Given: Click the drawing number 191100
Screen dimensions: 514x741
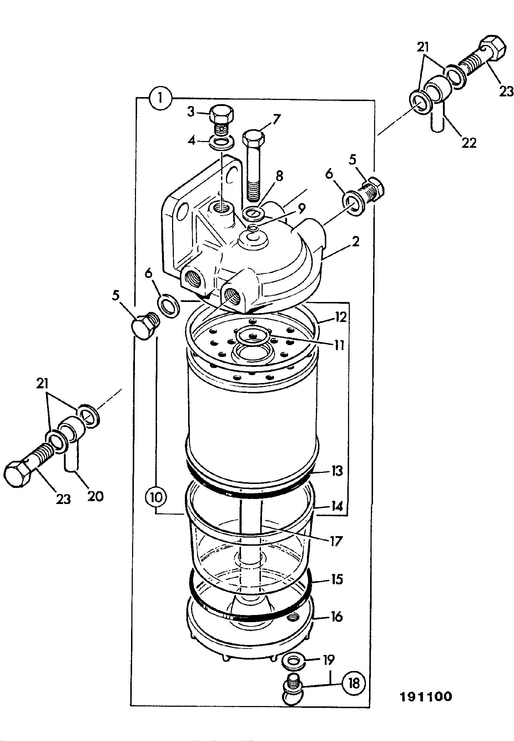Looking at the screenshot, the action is (x=425, y=697).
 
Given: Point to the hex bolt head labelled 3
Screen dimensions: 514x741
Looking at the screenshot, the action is (x=222, y=114).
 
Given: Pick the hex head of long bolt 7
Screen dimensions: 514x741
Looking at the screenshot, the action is (x=253, y=138).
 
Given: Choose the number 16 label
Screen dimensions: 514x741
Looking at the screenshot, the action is (x=336, y=617).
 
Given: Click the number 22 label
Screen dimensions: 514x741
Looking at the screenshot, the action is (x=468, y=143).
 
